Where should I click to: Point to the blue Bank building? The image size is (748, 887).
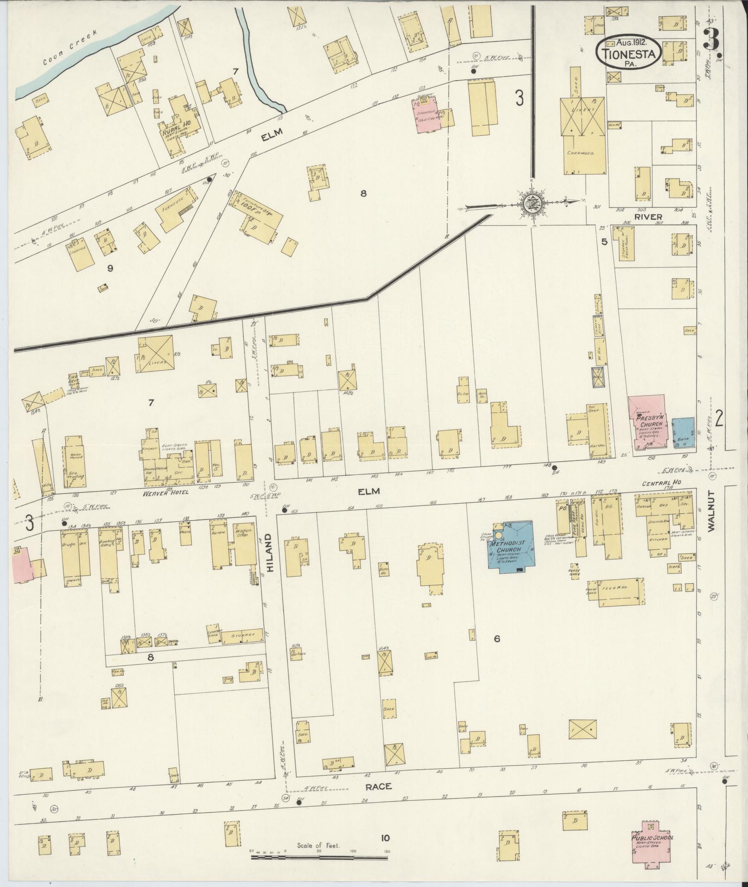click(x=683, y=432)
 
